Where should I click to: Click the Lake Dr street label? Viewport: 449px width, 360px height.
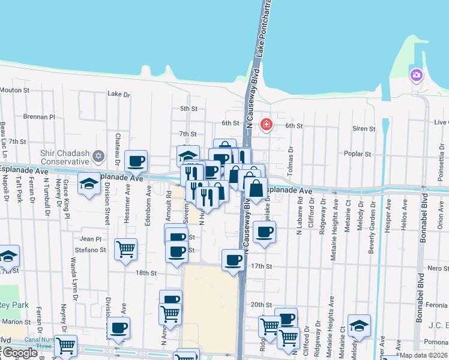[118, 94]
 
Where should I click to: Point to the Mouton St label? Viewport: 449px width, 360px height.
[15, 90]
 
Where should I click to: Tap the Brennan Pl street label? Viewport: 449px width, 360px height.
[39, 117]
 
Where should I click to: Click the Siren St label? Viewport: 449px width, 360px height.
[364, 128]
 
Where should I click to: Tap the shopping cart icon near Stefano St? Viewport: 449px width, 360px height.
[125, 248]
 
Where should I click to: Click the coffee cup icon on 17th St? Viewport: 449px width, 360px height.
[233, 260]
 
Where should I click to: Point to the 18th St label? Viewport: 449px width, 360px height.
[146, 272]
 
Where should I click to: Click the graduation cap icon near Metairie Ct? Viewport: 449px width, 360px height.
[359, 325]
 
